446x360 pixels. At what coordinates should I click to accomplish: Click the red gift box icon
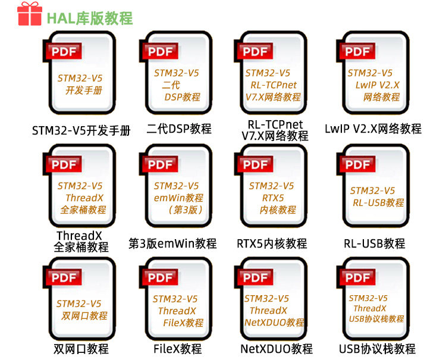[30, 14]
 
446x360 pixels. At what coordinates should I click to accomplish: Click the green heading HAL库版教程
[90, 18]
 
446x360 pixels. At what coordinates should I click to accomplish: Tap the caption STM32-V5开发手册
[81, 131]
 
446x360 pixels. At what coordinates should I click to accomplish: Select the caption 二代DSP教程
[179, 129]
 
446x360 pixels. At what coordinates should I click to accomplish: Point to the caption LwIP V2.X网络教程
[373, 129]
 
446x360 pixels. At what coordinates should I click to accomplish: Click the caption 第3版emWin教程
[172, 243]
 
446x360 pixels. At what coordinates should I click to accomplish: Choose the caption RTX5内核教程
[272, 243]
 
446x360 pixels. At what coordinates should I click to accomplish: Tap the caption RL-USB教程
[374, 243]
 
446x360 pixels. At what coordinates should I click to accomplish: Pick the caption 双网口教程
[81, 349]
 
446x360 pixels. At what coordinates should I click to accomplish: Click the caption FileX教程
[177, 349]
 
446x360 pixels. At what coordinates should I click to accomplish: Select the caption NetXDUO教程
[277, 349]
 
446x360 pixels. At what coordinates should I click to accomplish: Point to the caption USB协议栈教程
[377, 349]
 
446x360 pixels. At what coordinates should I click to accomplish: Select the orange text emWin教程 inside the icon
[178, 198]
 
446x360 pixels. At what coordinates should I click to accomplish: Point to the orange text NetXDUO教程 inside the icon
[274, 323]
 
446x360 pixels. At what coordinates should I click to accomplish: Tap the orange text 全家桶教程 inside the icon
[83, 209]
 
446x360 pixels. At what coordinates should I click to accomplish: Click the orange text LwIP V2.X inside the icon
[377, 85]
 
